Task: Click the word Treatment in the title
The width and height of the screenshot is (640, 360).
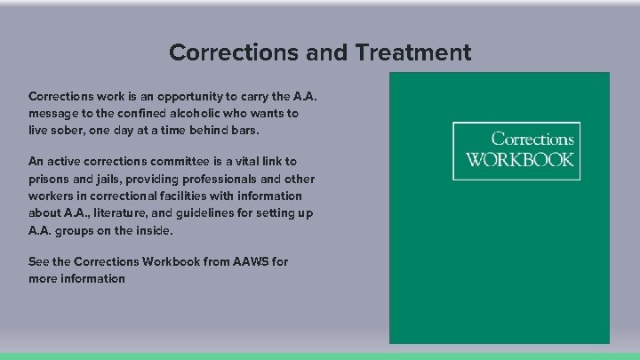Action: point(413,52)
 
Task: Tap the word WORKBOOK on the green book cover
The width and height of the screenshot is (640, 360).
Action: point(520,161)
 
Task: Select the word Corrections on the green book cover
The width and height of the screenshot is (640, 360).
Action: point(532,140)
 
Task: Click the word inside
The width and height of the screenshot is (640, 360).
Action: point(154,230)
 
